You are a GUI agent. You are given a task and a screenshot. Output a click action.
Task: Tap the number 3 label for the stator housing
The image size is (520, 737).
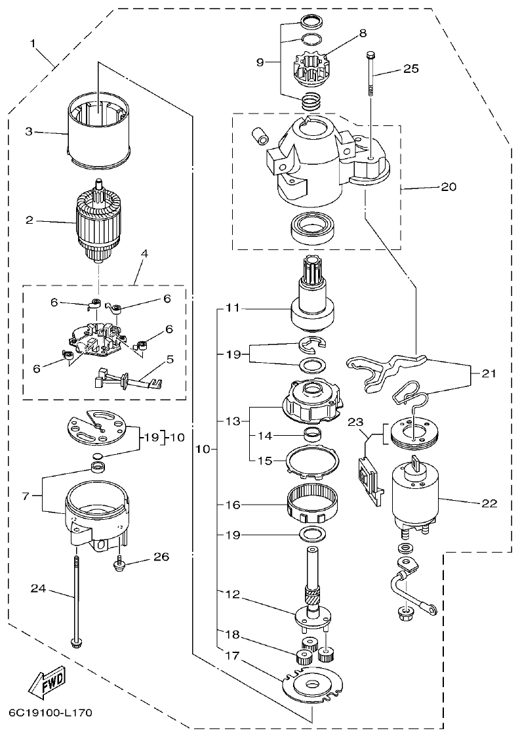click(28, 131)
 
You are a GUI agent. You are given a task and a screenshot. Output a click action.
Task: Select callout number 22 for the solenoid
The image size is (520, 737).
click(489, 504)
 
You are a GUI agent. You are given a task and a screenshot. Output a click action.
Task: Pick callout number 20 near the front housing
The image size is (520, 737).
click(449, 186)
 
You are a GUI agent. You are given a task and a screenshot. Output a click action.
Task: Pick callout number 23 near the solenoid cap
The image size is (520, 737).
click(355, 423)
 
